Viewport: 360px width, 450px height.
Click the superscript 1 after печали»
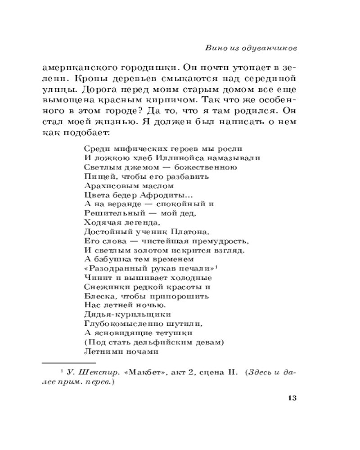coord(217,267)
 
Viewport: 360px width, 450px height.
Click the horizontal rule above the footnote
coord(69,362)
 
